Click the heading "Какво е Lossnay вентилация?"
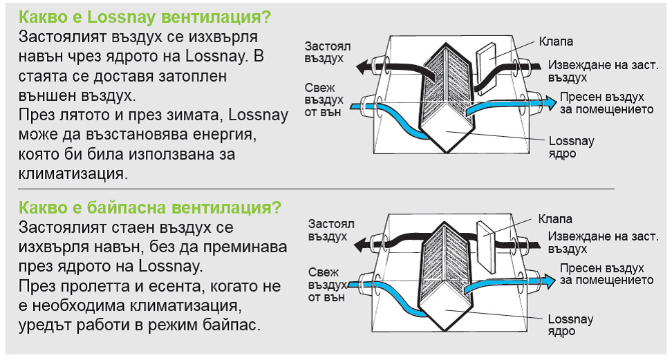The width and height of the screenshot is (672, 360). [x=145, y=17]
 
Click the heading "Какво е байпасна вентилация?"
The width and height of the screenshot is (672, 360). [x=150, y=208]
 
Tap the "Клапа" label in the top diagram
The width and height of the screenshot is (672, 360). [x=556, y=41]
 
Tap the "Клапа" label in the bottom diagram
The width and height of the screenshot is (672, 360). [x=555, y=219]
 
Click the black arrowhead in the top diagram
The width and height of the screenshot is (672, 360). [x=365, y=67]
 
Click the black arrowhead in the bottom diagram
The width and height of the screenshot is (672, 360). [x=362, y=245]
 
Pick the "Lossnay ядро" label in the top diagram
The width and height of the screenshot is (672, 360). [x=571, y=147]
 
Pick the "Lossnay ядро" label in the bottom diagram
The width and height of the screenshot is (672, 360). [x=570, y=325]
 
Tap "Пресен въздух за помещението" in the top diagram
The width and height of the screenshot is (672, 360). [x=606, y=103]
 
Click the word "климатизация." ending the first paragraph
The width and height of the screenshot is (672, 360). [x=73, y=173]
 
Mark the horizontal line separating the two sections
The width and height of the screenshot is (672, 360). [x=316, y=189]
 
